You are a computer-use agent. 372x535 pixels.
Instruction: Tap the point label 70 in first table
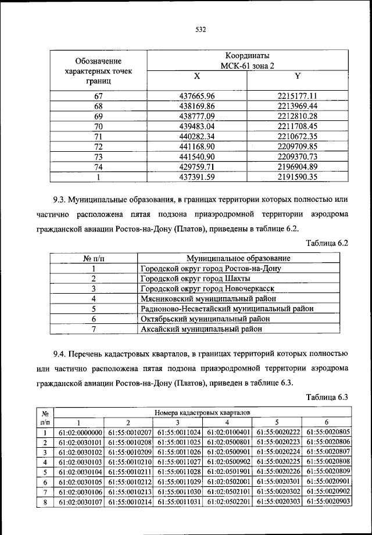point(98,126)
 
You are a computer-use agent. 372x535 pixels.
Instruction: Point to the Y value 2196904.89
point(297,167)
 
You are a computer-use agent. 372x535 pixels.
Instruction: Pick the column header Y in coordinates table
point(297,76)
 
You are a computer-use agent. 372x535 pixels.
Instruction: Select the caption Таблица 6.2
point(326,244)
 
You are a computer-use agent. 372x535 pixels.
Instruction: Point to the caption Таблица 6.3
point(326,397)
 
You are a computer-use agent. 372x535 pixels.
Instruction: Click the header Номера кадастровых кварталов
point(202,412)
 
